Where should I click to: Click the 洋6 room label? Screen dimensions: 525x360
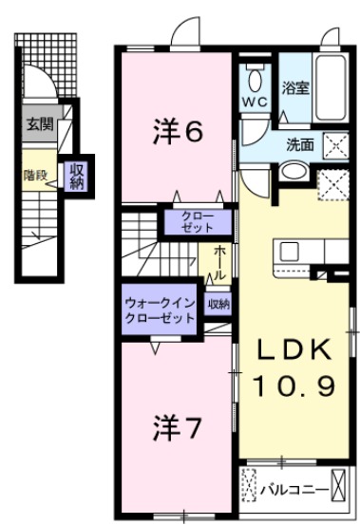(x=178, y=133)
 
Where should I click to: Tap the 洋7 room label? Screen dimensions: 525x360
(x=177, y=428)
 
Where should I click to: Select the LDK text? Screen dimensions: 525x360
(x=294, y=349)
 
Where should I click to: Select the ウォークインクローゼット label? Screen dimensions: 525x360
(x=159, y=311)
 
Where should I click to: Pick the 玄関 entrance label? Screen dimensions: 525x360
(x=39, y=123)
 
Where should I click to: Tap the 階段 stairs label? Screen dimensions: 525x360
(x=36, y=175)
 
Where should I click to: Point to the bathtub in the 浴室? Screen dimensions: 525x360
(x=332, y=90)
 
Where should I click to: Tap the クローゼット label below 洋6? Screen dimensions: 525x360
(x=200, y=222)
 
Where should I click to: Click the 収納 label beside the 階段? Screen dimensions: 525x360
(x=77, y=175)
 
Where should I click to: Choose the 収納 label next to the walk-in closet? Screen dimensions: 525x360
(x=219, y=305)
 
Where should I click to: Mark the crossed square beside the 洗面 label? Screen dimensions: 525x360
(x=336, y=145)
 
